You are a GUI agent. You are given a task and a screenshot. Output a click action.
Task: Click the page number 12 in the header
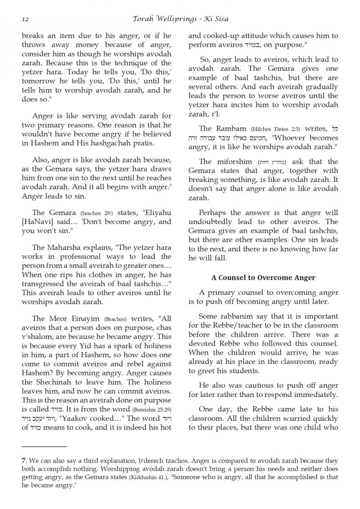(25, 19)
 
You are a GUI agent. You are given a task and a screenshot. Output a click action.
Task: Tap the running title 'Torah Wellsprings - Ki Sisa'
(180, 19)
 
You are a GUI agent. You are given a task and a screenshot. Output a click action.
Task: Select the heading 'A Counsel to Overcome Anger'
(263, 278)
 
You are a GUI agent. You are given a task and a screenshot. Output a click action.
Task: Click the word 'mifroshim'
(234, 162)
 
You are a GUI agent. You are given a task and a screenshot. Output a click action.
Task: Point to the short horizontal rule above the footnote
(44, 446)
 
